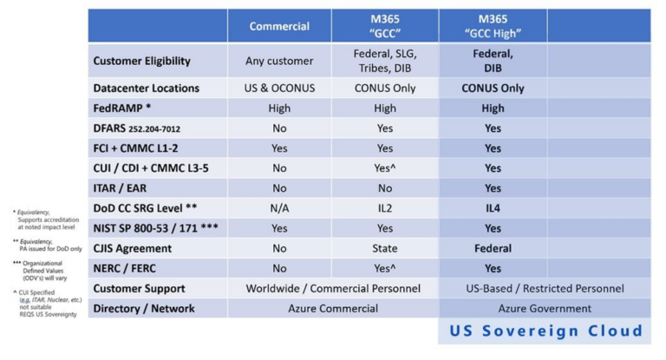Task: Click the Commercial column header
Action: coord(279,26)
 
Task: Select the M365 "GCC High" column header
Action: coord(493,26)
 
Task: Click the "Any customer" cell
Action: coord(279,62)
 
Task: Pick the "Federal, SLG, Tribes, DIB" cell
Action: coord(385,62)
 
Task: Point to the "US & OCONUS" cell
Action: coord(279,88)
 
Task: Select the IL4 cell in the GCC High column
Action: coord(493,208)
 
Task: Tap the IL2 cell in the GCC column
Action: coord(385,208)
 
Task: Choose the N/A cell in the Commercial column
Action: coord(279,208)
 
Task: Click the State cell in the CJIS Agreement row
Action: coord(385,248)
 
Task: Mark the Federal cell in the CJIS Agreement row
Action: coord(493,248)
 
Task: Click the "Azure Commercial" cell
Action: coord(332,308)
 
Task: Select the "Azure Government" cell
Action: coord(545,308)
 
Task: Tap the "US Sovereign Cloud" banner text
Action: coord(545,331)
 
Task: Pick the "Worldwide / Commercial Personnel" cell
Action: coord(332,288)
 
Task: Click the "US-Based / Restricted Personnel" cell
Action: coord(545,288)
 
